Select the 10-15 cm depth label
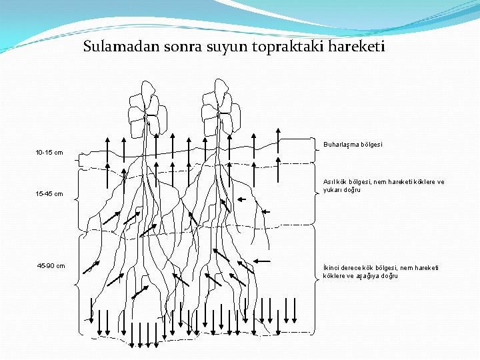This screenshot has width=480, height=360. [49, 153]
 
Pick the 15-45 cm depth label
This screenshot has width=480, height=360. [49, 194]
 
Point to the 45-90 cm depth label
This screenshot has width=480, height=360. [51, 266]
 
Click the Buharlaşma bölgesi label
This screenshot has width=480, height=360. [353, 144]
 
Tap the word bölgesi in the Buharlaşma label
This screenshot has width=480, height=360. [371, 144]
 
